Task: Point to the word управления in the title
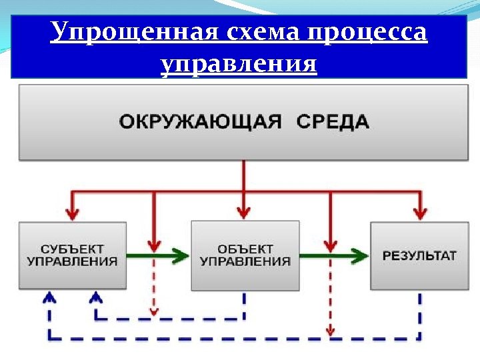click(239, 65)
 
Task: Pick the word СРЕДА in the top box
click(331, 123)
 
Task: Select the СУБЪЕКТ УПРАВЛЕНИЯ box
click(73, 255)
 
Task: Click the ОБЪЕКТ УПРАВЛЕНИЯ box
click(245, 255)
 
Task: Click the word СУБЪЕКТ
click(73, 248)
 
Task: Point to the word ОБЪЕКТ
click(245, 248)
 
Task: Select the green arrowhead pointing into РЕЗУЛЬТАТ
click(360, 255)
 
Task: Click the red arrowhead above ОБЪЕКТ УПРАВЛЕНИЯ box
click(244, 213)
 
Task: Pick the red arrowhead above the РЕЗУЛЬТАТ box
click(419, 213)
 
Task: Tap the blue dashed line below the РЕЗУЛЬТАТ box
click(419, 313)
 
